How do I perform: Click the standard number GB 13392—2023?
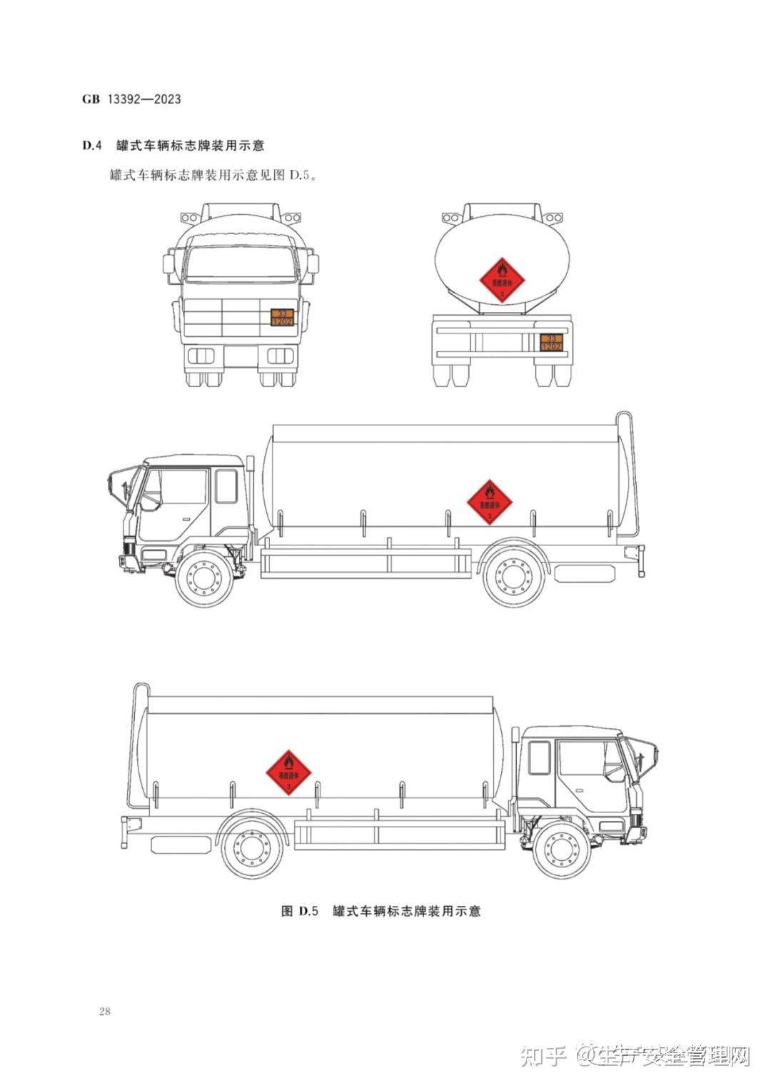click(x=131, y=99)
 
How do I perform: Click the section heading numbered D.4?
click(x=173, y=146)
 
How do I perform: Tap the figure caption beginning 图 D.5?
click(x=381, y=911)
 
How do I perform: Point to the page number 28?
click(x=105, y=1011)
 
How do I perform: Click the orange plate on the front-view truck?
click(x=282, y=318)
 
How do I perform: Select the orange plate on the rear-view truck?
click(x=550, y=342)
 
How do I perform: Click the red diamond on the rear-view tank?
click(x=502, y=280)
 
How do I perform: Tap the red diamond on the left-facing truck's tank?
click(x=490, y=502)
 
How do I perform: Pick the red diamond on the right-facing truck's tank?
click(x=288, y=772)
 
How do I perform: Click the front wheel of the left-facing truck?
click(x=206, y=578)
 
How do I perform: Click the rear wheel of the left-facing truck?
click(x=513, y=577)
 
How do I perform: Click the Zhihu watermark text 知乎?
click(x=543, y=1054)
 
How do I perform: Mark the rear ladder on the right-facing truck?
click(x=137, y=742)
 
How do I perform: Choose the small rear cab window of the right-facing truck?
click(x=539, y=757)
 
